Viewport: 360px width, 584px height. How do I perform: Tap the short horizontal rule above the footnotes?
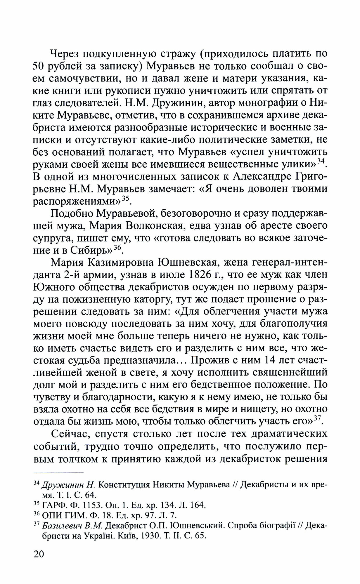[58, 472]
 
